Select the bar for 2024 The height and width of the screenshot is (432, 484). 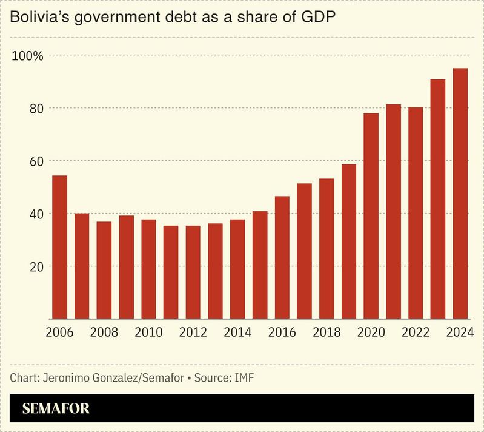[460, 194]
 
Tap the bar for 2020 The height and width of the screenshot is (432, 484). [371, 216]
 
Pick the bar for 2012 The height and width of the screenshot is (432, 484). [193, 272]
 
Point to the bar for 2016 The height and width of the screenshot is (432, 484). [282, 257]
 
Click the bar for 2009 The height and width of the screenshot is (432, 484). [126, 267]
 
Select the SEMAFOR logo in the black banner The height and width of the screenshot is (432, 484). [56, 409]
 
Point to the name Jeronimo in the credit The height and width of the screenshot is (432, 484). [64, 377]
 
